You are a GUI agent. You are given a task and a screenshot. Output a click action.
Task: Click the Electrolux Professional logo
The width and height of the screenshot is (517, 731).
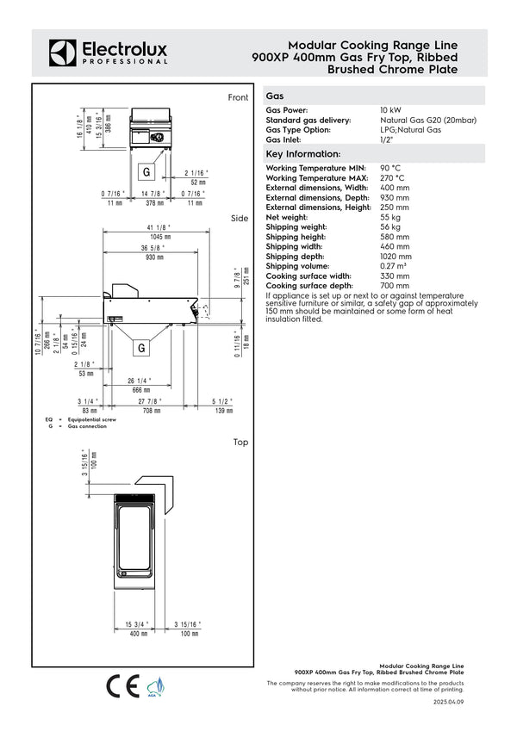coord(108,52)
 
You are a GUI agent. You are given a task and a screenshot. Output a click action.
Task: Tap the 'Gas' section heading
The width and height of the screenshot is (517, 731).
coord(275,97)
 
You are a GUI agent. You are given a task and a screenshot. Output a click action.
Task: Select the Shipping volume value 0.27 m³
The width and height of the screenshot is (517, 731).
coord(394,266)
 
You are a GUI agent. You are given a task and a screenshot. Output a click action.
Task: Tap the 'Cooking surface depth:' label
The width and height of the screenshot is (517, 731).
coord(308,285)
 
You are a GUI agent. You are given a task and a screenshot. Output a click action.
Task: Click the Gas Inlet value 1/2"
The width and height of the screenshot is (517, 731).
coord(386,139)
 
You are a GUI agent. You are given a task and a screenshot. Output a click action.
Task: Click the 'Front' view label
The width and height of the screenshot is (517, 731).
coord(238,98)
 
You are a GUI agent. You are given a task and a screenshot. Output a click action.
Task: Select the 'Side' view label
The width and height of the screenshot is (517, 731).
coord(240,219)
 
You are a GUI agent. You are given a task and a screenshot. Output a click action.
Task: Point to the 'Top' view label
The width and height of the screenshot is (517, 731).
coord(240,442)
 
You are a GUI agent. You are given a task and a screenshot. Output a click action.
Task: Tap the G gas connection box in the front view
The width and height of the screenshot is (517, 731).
coord(146,165)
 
